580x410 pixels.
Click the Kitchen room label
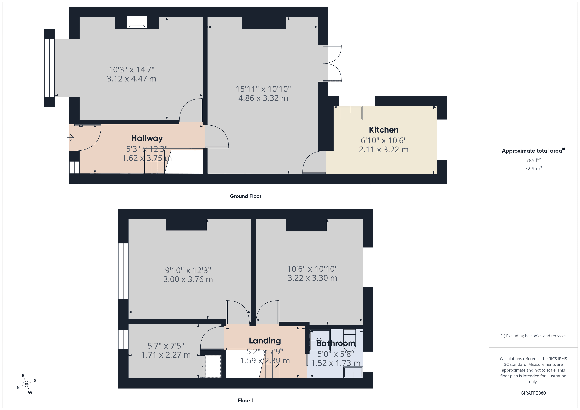pos(384,130)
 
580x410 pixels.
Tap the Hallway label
pos(147,138)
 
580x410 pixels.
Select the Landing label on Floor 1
pos(265,341)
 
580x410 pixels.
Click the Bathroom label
pos(336,343)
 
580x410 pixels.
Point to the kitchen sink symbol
pos(351,113)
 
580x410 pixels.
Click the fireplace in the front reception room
pos(137,23)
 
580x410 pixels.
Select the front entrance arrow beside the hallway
pos(71,138)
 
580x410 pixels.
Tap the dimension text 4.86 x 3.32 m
pos(263,98)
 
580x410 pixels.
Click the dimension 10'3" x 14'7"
pos(131,70)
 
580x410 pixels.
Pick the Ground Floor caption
pos(246,196)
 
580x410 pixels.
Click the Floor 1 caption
pos(246,400)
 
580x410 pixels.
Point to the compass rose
pos(26,384)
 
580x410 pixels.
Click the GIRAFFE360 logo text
pos(533,393)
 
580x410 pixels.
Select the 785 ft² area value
pos(533,160)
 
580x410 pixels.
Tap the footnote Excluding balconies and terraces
pos(533,336)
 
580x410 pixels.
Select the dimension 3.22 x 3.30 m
pos(312,278)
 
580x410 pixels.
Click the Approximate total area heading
pos(532,151)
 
